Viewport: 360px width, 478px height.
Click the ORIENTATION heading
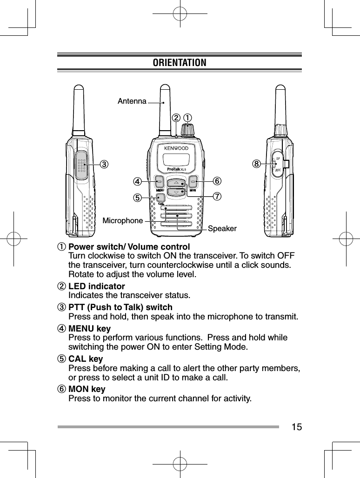point(180,62)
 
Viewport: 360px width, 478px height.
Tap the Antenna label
point(132,100)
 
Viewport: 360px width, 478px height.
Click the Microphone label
point(123,220)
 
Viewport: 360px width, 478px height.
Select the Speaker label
point(222,229)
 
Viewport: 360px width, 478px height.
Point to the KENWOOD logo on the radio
point(176,148)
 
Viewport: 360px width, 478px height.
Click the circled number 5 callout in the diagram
point(137,197)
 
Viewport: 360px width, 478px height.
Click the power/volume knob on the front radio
point(188,130)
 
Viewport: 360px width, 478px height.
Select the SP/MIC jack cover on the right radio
point(278,165)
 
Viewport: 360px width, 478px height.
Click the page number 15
point(296,426)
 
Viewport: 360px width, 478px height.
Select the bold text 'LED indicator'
point(96,286)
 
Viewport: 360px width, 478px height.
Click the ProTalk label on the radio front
point(173,169)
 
